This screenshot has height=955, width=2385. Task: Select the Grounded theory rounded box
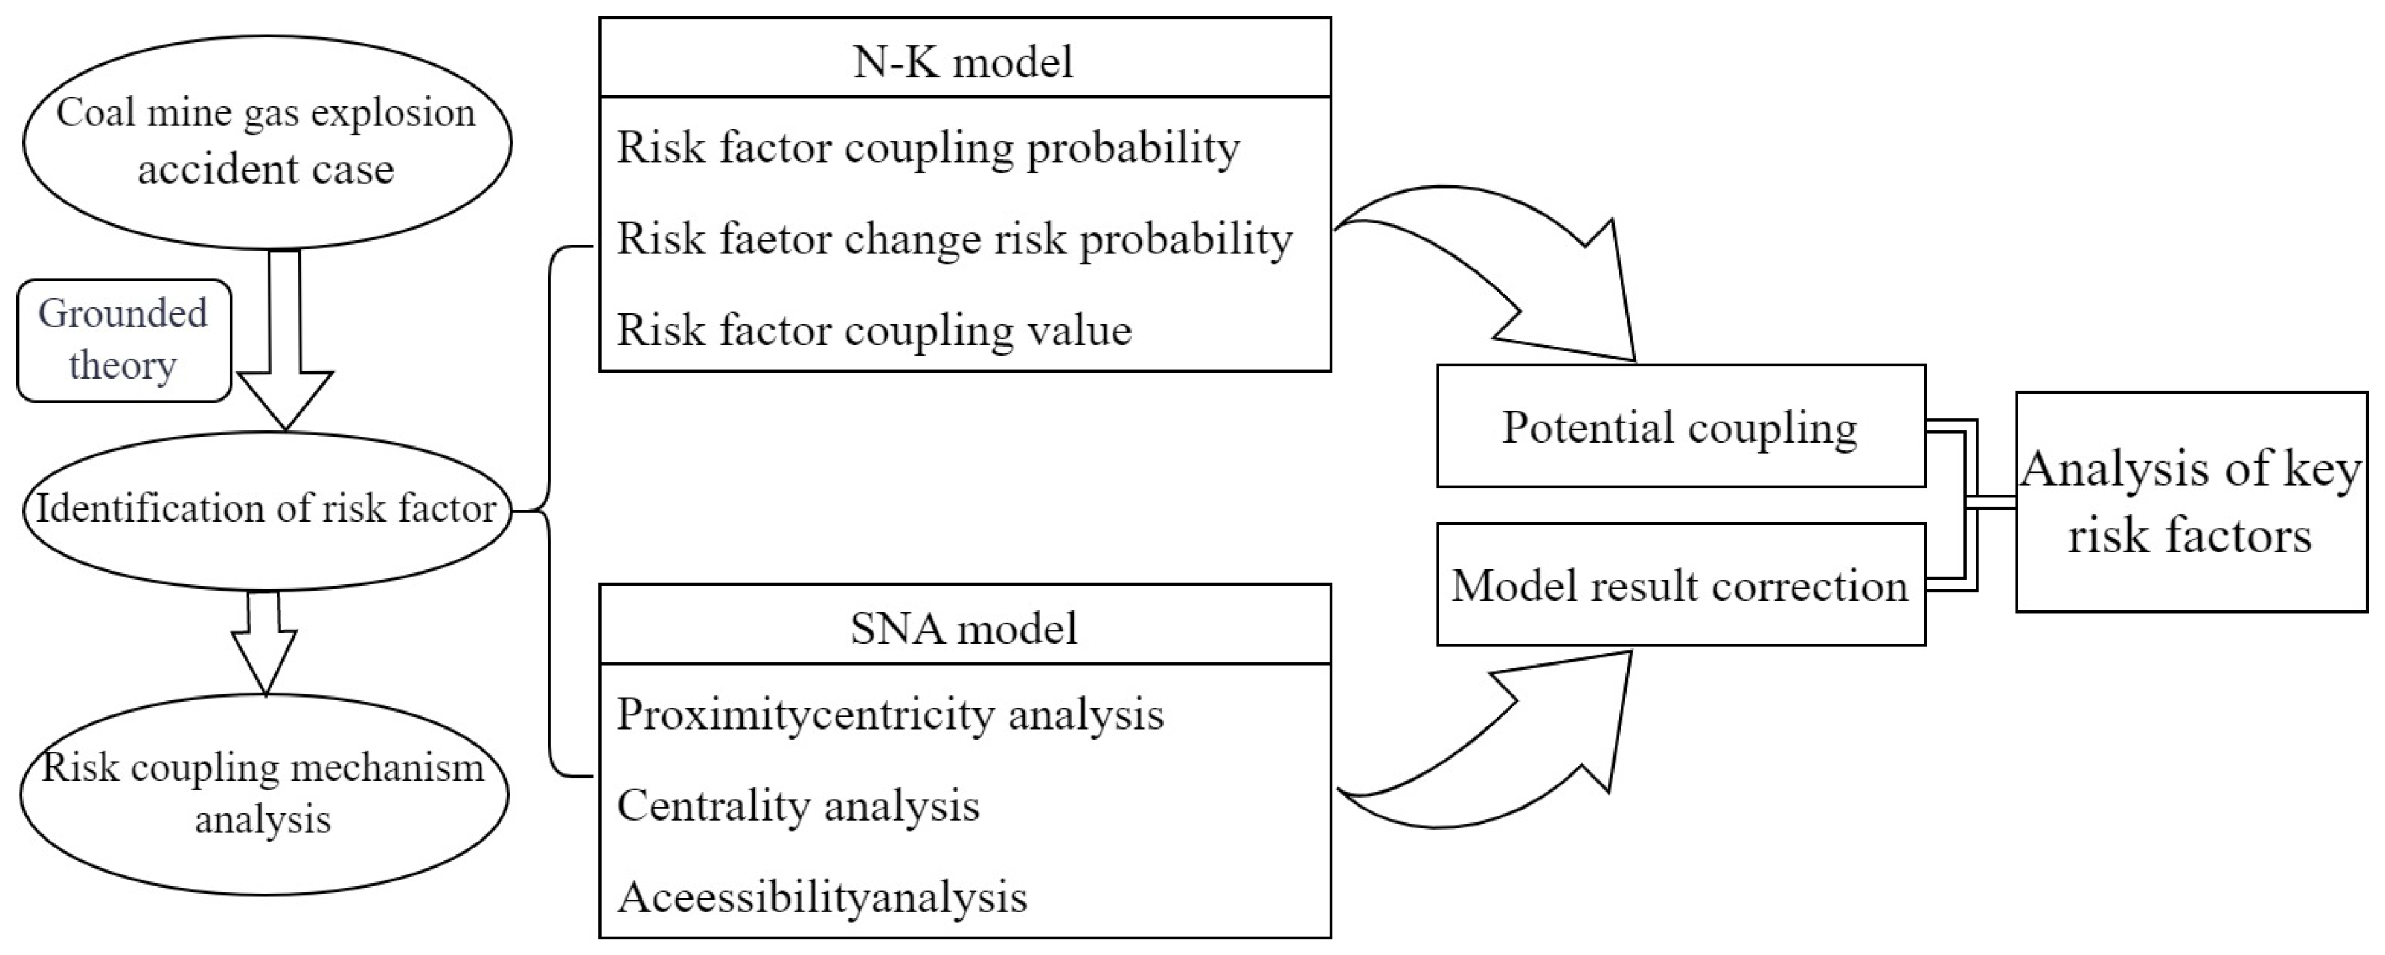point(123,340)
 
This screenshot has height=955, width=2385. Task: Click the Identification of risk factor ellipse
point(266,509)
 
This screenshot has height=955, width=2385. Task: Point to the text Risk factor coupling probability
point(929,147)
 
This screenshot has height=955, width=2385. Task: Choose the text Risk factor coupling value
point(874,330)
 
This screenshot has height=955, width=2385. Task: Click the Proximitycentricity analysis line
point(890,713)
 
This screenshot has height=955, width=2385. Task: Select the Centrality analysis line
point(798,805)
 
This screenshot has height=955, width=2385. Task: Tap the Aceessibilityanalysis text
point(822,896)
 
